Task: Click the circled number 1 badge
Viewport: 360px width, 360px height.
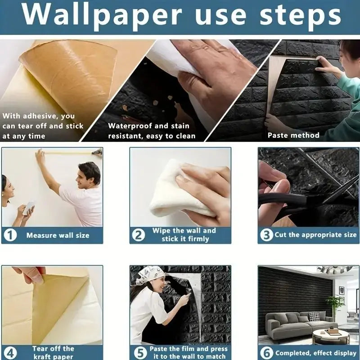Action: point(9,235)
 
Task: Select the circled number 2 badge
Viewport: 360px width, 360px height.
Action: point(139,235)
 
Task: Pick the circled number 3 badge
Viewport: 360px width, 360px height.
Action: point(267,235)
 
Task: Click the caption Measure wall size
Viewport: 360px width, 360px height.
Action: point(58,235)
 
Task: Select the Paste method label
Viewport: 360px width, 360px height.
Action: point(293,135)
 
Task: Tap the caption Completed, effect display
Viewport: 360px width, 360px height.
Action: point(315,353)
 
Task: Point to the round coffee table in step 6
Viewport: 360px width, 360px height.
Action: point(331,335)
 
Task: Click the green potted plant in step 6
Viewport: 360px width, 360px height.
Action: point(334,303)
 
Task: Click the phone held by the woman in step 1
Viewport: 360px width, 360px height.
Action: point(29,207)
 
